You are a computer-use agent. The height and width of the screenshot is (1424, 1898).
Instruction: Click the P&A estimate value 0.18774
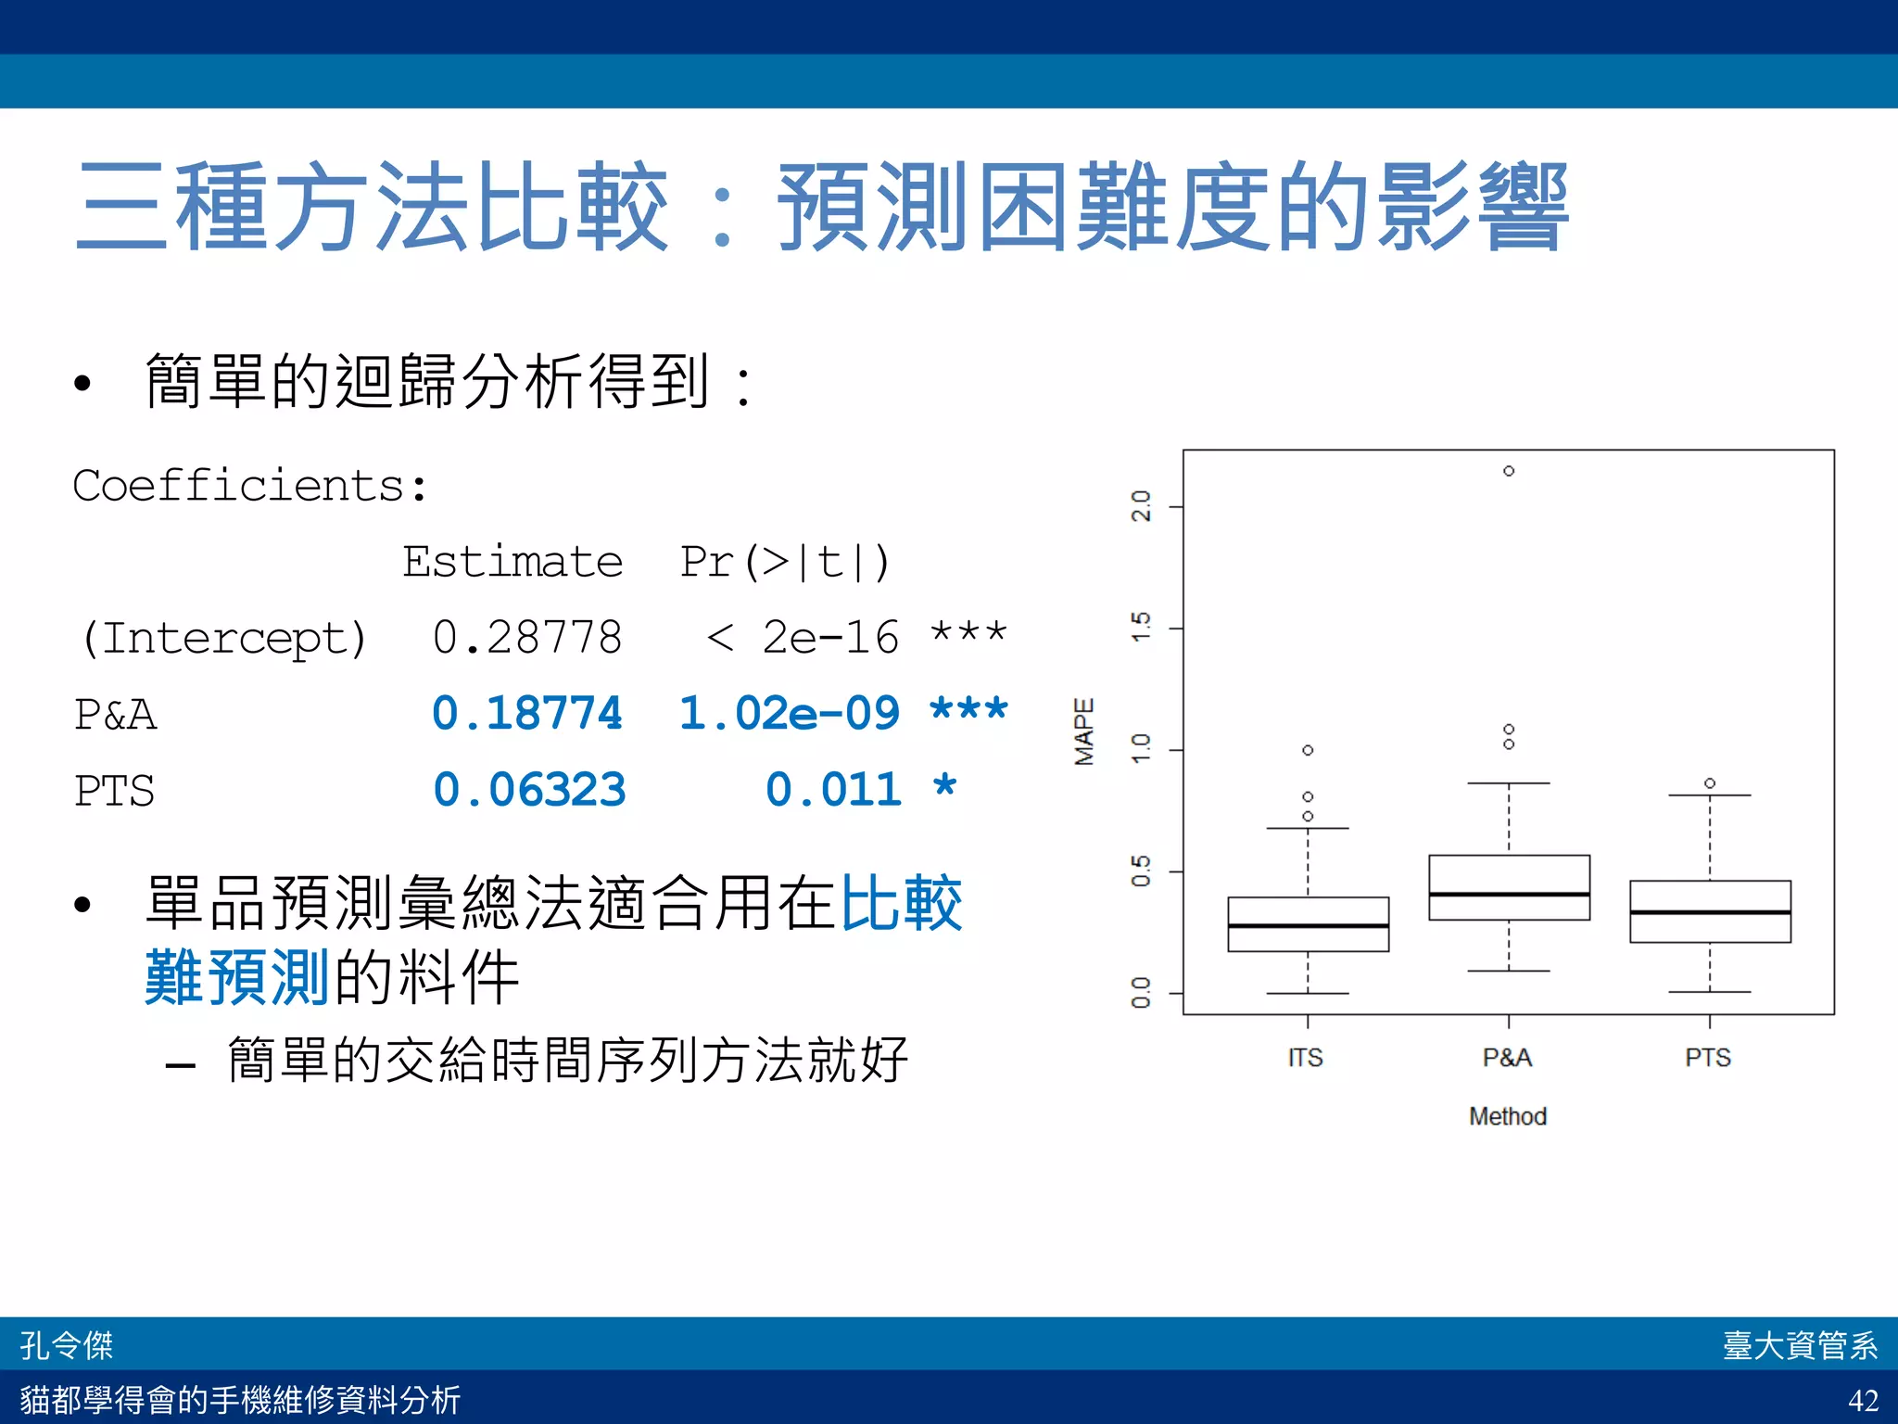click(526, 714)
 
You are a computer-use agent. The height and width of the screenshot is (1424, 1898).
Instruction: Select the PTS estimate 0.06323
click(529, 790)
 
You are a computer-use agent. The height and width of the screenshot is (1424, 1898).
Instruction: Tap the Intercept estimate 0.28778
click(526, 638)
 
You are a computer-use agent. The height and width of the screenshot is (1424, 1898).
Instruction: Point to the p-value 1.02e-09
click(789, 714)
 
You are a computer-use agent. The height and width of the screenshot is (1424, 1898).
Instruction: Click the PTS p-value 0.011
click(832, 790)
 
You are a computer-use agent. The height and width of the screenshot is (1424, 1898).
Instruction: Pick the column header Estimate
click(512, 562)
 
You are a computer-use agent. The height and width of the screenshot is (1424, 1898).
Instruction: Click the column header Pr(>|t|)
click(784, 562)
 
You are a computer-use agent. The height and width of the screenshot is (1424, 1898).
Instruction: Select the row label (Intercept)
click(223, 638)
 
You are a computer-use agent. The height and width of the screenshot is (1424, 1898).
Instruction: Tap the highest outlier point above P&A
click(1509, 471)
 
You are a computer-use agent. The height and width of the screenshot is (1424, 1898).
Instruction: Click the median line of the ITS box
click(1308, 925)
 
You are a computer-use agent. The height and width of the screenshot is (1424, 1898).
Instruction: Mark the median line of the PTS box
click(1710, 912)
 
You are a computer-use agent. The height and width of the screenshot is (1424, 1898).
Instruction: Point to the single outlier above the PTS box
click(1710, 783)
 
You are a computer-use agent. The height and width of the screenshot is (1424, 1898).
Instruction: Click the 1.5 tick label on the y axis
click(1141, 628)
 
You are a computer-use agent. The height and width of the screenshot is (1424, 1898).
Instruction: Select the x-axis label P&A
click(1507, 1058)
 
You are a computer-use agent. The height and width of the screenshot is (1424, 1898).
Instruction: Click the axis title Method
click(1507, 1116)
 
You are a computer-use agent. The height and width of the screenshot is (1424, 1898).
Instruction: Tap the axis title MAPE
click(1083, 731)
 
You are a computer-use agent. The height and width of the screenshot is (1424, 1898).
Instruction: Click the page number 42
click(1863, 1399)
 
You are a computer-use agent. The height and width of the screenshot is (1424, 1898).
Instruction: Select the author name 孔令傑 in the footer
click(67, 1345)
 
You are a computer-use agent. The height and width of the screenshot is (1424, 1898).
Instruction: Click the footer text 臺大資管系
click(1799, 1345)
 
